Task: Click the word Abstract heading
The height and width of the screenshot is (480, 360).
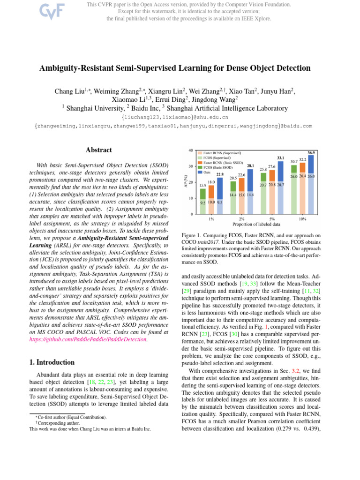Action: [x=99, y=150]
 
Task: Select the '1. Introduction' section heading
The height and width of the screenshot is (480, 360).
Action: [x=50, y=362]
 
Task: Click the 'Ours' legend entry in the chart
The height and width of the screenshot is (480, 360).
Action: [x=206, y=172]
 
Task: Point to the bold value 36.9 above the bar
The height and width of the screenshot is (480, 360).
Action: [x=311, y=153]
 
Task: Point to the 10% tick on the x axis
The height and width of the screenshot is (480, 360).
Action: [x=302, y=218]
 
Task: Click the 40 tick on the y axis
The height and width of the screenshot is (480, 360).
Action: [x=190, y=150]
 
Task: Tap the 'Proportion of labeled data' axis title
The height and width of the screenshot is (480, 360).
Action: [x=256, y=225]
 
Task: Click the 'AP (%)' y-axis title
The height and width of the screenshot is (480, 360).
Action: [x=186, y=182]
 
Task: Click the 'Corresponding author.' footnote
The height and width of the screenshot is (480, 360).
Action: [x=48, y=422]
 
